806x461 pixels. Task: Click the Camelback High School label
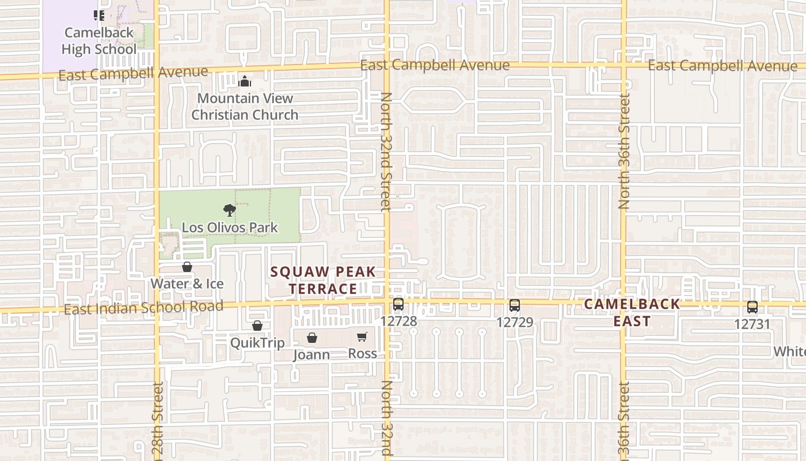coord(99,41)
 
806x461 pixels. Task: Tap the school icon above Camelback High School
coord(99,16)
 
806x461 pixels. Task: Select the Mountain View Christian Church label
coord(245,107)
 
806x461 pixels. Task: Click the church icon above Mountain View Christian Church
coord(245,81)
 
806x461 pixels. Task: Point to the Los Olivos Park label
coord(230,228)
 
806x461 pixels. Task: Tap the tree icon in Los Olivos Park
coord(229,210)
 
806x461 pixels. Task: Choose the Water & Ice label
coord(187,284)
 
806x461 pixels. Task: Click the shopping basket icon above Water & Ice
coord(187,267)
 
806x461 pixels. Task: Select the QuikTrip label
coord(257,343)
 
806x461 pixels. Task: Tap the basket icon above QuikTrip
coord(257,326)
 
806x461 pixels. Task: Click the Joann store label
coord(311,354)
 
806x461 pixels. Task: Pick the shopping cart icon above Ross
coord(362,337)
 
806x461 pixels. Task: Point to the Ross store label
coord(363,353)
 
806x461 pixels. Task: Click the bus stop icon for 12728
coord(398,304)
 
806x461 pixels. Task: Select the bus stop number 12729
coord(515,322)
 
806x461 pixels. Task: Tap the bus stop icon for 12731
coord(752,307)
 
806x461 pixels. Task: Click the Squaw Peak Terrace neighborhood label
coord(323,280)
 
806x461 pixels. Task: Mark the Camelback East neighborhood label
coord(632,313)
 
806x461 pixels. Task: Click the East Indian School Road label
coord(143,308)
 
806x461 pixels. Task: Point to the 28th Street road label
coord(158,421)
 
